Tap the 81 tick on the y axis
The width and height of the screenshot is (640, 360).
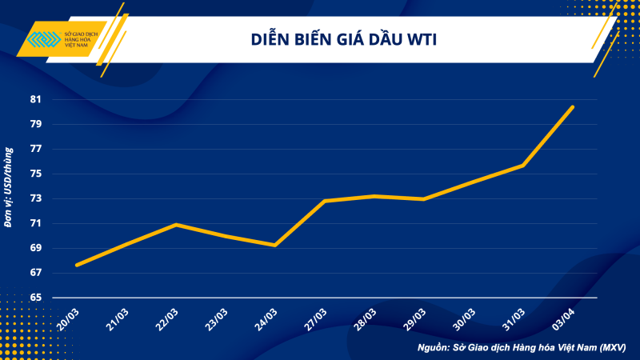point(36,100)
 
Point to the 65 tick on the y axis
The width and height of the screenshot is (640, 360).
point(36,298)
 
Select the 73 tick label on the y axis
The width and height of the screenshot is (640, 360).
point(36,199)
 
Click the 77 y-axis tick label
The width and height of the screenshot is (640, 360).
point(36,150)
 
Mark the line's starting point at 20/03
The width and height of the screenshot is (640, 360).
point(77,265)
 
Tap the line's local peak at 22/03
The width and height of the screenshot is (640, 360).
point(176,225)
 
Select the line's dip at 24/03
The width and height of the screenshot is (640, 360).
point(275,245)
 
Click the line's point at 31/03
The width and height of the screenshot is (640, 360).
point(523,166)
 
